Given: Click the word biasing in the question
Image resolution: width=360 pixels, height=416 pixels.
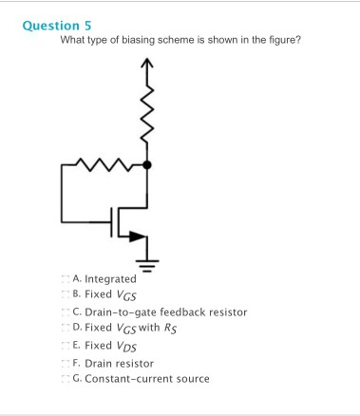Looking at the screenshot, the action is pos(133,40).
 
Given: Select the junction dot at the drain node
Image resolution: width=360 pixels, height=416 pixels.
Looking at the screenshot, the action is pos(146,166).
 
